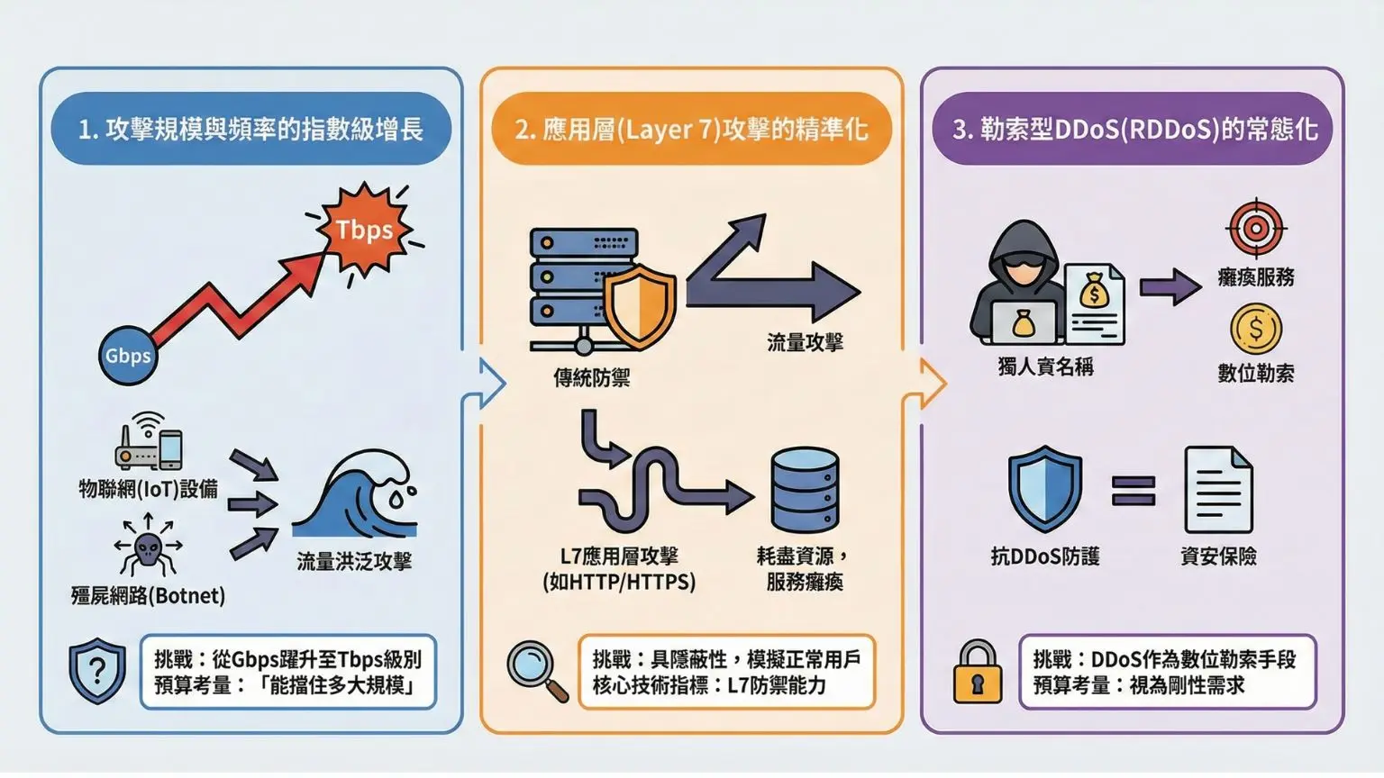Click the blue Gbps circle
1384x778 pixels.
tap(128, 356)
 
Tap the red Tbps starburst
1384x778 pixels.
tap(364, 231)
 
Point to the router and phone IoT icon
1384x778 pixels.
tap(150, 443)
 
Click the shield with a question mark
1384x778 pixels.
tap(98, 671)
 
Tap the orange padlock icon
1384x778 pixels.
tap(977, 673)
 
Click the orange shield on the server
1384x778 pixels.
tap(640, 307)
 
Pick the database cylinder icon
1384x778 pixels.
tap(805, 492)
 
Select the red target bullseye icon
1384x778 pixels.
tap(1255, 228)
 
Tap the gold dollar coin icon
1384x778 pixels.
tap(1255, 329)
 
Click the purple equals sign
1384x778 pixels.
tap(1133, 492)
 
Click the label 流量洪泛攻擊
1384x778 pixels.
tap(354, 562)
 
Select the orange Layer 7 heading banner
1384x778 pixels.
tap(691, 129)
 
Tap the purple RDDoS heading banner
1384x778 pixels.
tap(1133, 129)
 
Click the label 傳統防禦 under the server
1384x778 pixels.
tap(591, 378)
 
